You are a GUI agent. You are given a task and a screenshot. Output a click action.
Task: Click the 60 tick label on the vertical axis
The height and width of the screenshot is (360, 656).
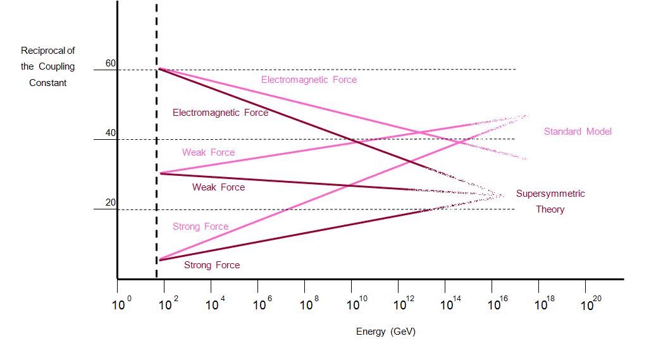[111, 63]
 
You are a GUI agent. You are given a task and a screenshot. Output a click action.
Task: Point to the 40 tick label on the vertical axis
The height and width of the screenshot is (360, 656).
[111, 133]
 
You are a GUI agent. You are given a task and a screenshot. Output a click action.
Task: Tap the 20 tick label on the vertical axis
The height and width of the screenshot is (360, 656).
[111, 202]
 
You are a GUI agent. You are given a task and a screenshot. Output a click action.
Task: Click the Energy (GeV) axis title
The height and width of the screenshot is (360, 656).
[386, 332]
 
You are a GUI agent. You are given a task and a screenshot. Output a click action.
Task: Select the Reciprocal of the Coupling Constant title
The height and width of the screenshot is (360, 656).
[47, 66]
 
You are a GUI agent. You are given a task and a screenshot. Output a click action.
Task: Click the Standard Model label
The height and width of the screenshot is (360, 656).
[578, 132]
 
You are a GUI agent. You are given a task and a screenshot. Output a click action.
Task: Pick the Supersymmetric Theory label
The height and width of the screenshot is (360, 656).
[550, 201]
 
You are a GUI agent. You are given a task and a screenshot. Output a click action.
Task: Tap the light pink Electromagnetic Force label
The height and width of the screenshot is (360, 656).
[309, 80]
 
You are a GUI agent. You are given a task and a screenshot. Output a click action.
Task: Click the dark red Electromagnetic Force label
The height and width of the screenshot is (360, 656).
[220, 113]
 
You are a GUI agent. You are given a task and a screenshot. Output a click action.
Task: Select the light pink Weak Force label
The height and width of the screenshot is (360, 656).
[208, 152]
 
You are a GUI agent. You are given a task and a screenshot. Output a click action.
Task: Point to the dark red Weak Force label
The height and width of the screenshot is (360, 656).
[218, 187]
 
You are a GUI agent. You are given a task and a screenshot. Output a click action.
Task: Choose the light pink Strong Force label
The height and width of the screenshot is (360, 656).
[201, 227]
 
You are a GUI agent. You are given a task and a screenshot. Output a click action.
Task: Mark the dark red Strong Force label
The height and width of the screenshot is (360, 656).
[212, 265]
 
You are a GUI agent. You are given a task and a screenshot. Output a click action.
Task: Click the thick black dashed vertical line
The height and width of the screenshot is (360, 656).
[156, 158]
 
